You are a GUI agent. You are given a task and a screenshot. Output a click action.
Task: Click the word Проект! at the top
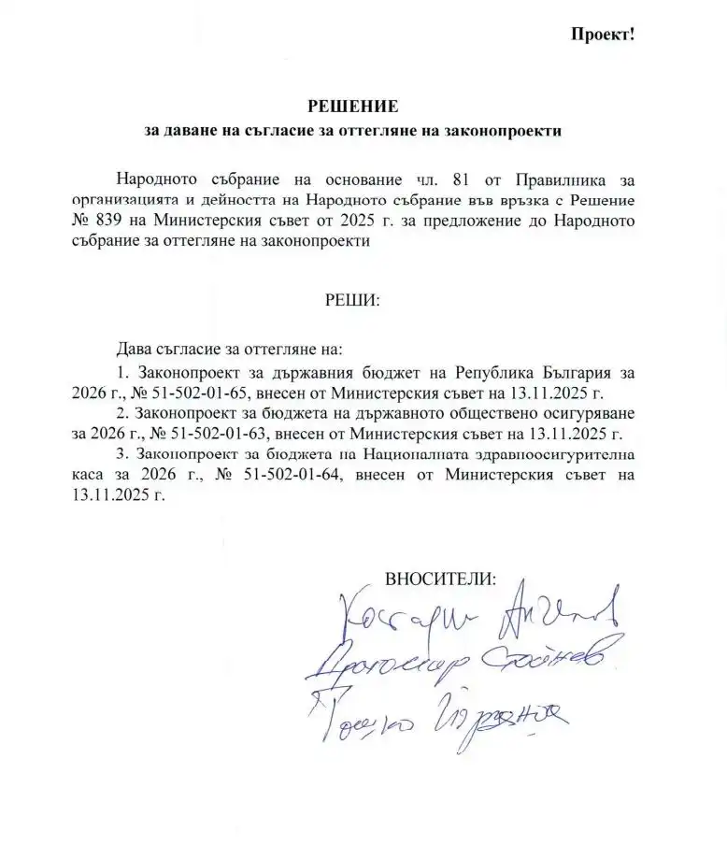(603, 35)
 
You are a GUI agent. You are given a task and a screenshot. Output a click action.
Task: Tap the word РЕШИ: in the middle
(351, 302)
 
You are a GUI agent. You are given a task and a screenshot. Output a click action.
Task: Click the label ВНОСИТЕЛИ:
(441, 577)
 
